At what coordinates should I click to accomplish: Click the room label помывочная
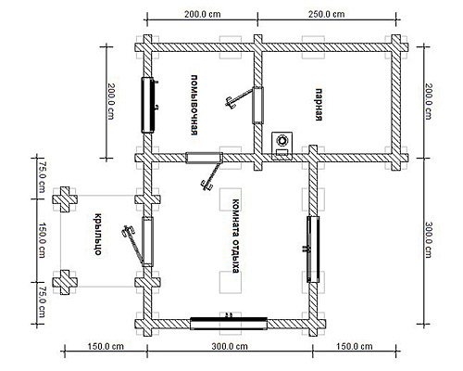[x=194, y=105]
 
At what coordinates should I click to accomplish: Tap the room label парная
[x=319, y=105]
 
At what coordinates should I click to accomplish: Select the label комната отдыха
[x=236, y=237]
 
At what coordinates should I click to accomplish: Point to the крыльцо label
[x=97, y=235]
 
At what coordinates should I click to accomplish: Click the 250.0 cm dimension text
[x=327, y=14]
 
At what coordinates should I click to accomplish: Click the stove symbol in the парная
[x=282, y=146]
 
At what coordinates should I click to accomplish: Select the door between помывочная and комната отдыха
[x=207, y=170]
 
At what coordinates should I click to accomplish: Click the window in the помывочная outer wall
[x=148, y=105]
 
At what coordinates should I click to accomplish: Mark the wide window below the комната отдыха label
[x=229, y=323]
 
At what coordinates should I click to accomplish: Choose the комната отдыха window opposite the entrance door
[x=312, y=249]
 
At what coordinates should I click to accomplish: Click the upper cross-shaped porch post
[x=65, y=199]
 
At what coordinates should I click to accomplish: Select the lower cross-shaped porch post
[x=65, y=282]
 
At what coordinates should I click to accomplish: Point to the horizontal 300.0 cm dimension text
[x=230, y=347]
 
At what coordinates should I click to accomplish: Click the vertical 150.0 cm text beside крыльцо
[x=42, y=240]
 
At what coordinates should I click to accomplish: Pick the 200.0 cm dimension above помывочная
[x=203, y=14]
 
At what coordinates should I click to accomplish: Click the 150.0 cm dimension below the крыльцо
[x=106, y=347]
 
